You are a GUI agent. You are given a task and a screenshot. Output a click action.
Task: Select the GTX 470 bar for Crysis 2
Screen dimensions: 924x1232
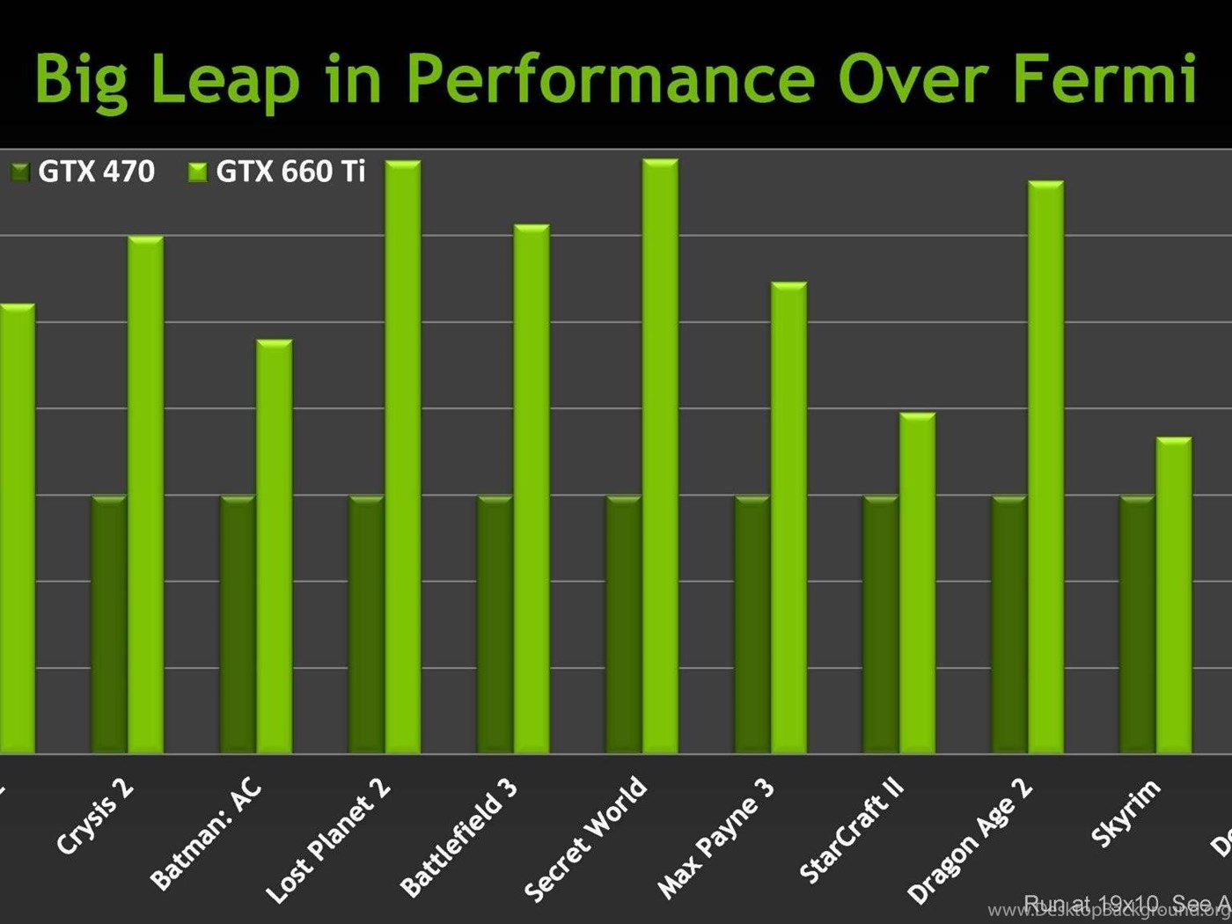[109, 625]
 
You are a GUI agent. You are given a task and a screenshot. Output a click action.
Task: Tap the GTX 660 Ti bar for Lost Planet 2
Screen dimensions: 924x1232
[403, 457]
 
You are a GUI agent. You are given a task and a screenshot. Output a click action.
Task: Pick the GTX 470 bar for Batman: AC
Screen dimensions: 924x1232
[238, 625]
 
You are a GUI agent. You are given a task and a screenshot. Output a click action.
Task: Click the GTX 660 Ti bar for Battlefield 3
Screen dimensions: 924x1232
[532, 489]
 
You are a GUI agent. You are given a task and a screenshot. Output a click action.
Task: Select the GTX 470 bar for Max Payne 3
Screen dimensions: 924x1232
[752, 625]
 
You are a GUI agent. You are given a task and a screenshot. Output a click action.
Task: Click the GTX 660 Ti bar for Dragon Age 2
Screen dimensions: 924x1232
[1045, 467]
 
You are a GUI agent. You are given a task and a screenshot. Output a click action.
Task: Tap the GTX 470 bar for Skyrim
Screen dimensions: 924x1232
[1137, 625]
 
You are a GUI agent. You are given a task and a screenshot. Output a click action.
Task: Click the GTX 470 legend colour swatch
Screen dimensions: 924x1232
[20, 172]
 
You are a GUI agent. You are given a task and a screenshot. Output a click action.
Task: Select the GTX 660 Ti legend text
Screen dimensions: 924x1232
[290, 171]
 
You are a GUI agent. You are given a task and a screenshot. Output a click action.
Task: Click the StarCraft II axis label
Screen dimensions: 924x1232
[852, 832]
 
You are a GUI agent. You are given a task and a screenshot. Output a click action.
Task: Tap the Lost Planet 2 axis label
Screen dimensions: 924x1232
[328, 841]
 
